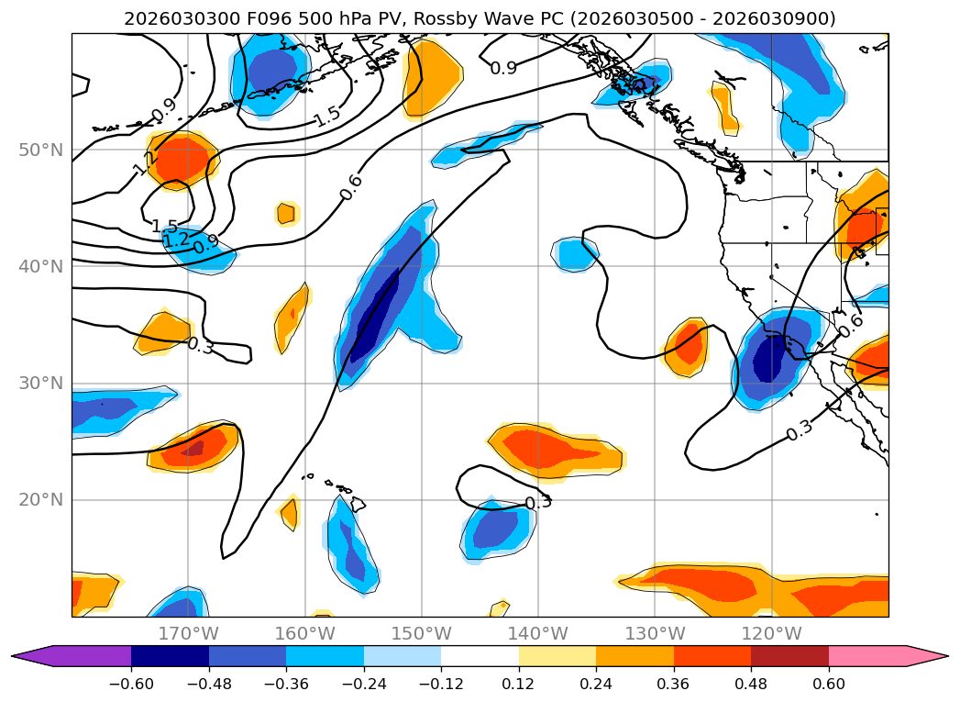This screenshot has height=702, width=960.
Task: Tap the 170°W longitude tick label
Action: [x=188, y=633]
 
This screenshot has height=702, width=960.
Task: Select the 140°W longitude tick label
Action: [x=538, y=633]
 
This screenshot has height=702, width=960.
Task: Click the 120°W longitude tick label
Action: [x=771, y=633]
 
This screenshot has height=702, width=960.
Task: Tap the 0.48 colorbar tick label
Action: [x=751, y=684]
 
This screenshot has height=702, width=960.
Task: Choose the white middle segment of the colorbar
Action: [x=480, y=655]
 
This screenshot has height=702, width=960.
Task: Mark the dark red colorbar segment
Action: [x=789, y=655]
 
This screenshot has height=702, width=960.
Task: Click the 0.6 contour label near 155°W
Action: [x=351, y=186]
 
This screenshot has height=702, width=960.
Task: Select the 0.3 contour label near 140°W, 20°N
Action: [x=538, y=503]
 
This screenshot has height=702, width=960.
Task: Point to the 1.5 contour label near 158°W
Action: [x=326, y=117]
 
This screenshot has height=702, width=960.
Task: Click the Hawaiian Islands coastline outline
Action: [x=356, y=504]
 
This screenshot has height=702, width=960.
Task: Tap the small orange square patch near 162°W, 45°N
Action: [x=286, y=214]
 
